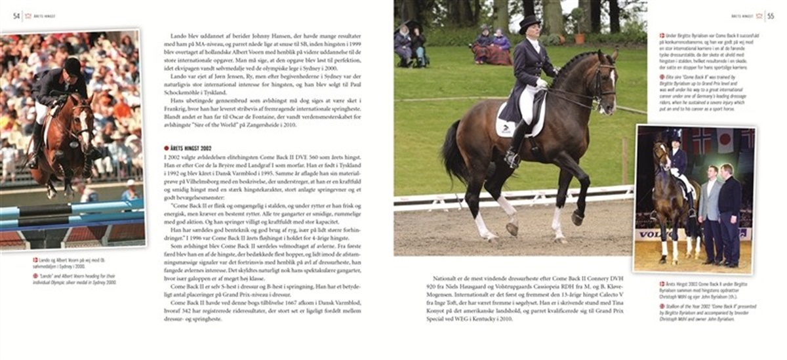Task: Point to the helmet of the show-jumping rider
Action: pyautogui.click(x=73, y=66)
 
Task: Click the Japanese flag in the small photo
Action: pyautogui.click(x=725, y=140)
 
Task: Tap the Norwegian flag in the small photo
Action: pyautogui.click(x=702, y=140)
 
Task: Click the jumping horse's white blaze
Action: pyautogui.click(x=83, y=124)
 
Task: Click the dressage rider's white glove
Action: pyautogui.click(x=541, y=83)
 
